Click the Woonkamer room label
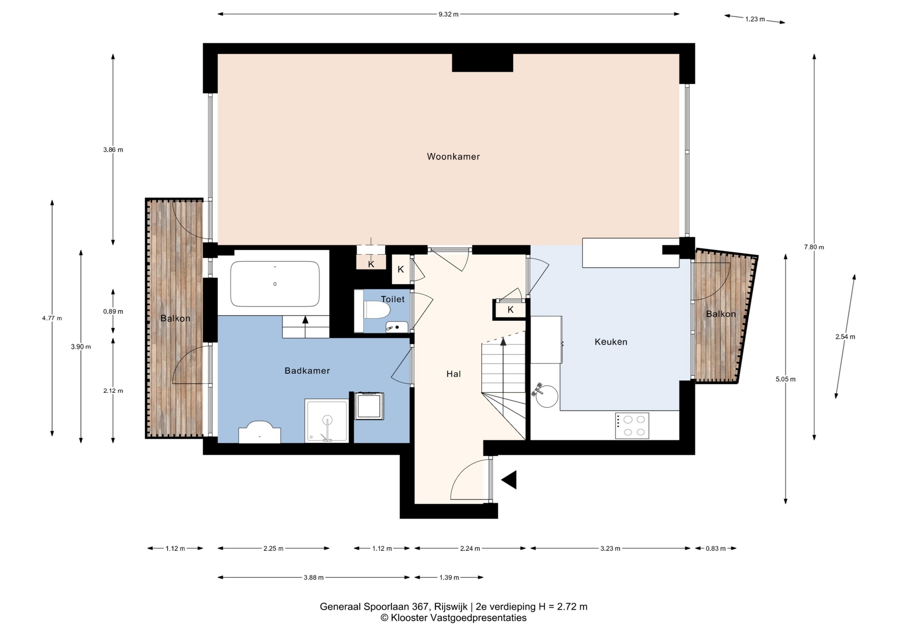point(453,157)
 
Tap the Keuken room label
point(611,342)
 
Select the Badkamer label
point(307,371)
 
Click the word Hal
point(454,374)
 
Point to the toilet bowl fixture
point(377,310)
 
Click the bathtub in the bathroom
point(275,284)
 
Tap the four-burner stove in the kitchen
point(632,426)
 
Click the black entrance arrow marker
point(509,480)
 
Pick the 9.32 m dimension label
point(448,14)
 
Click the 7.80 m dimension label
point(814,247)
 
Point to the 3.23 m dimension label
point(610,548)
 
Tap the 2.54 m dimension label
point(845,337)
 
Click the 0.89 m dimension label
point(113,311)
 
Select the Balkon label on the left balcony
point(175,318)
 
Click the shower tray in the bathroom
point(327,420)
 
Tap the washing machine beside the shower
point(369,406)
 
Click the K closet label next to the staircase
point(511,310)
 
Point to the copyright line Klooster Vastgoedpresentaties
point(453,618)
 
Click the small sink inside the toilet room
point(397,327)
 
